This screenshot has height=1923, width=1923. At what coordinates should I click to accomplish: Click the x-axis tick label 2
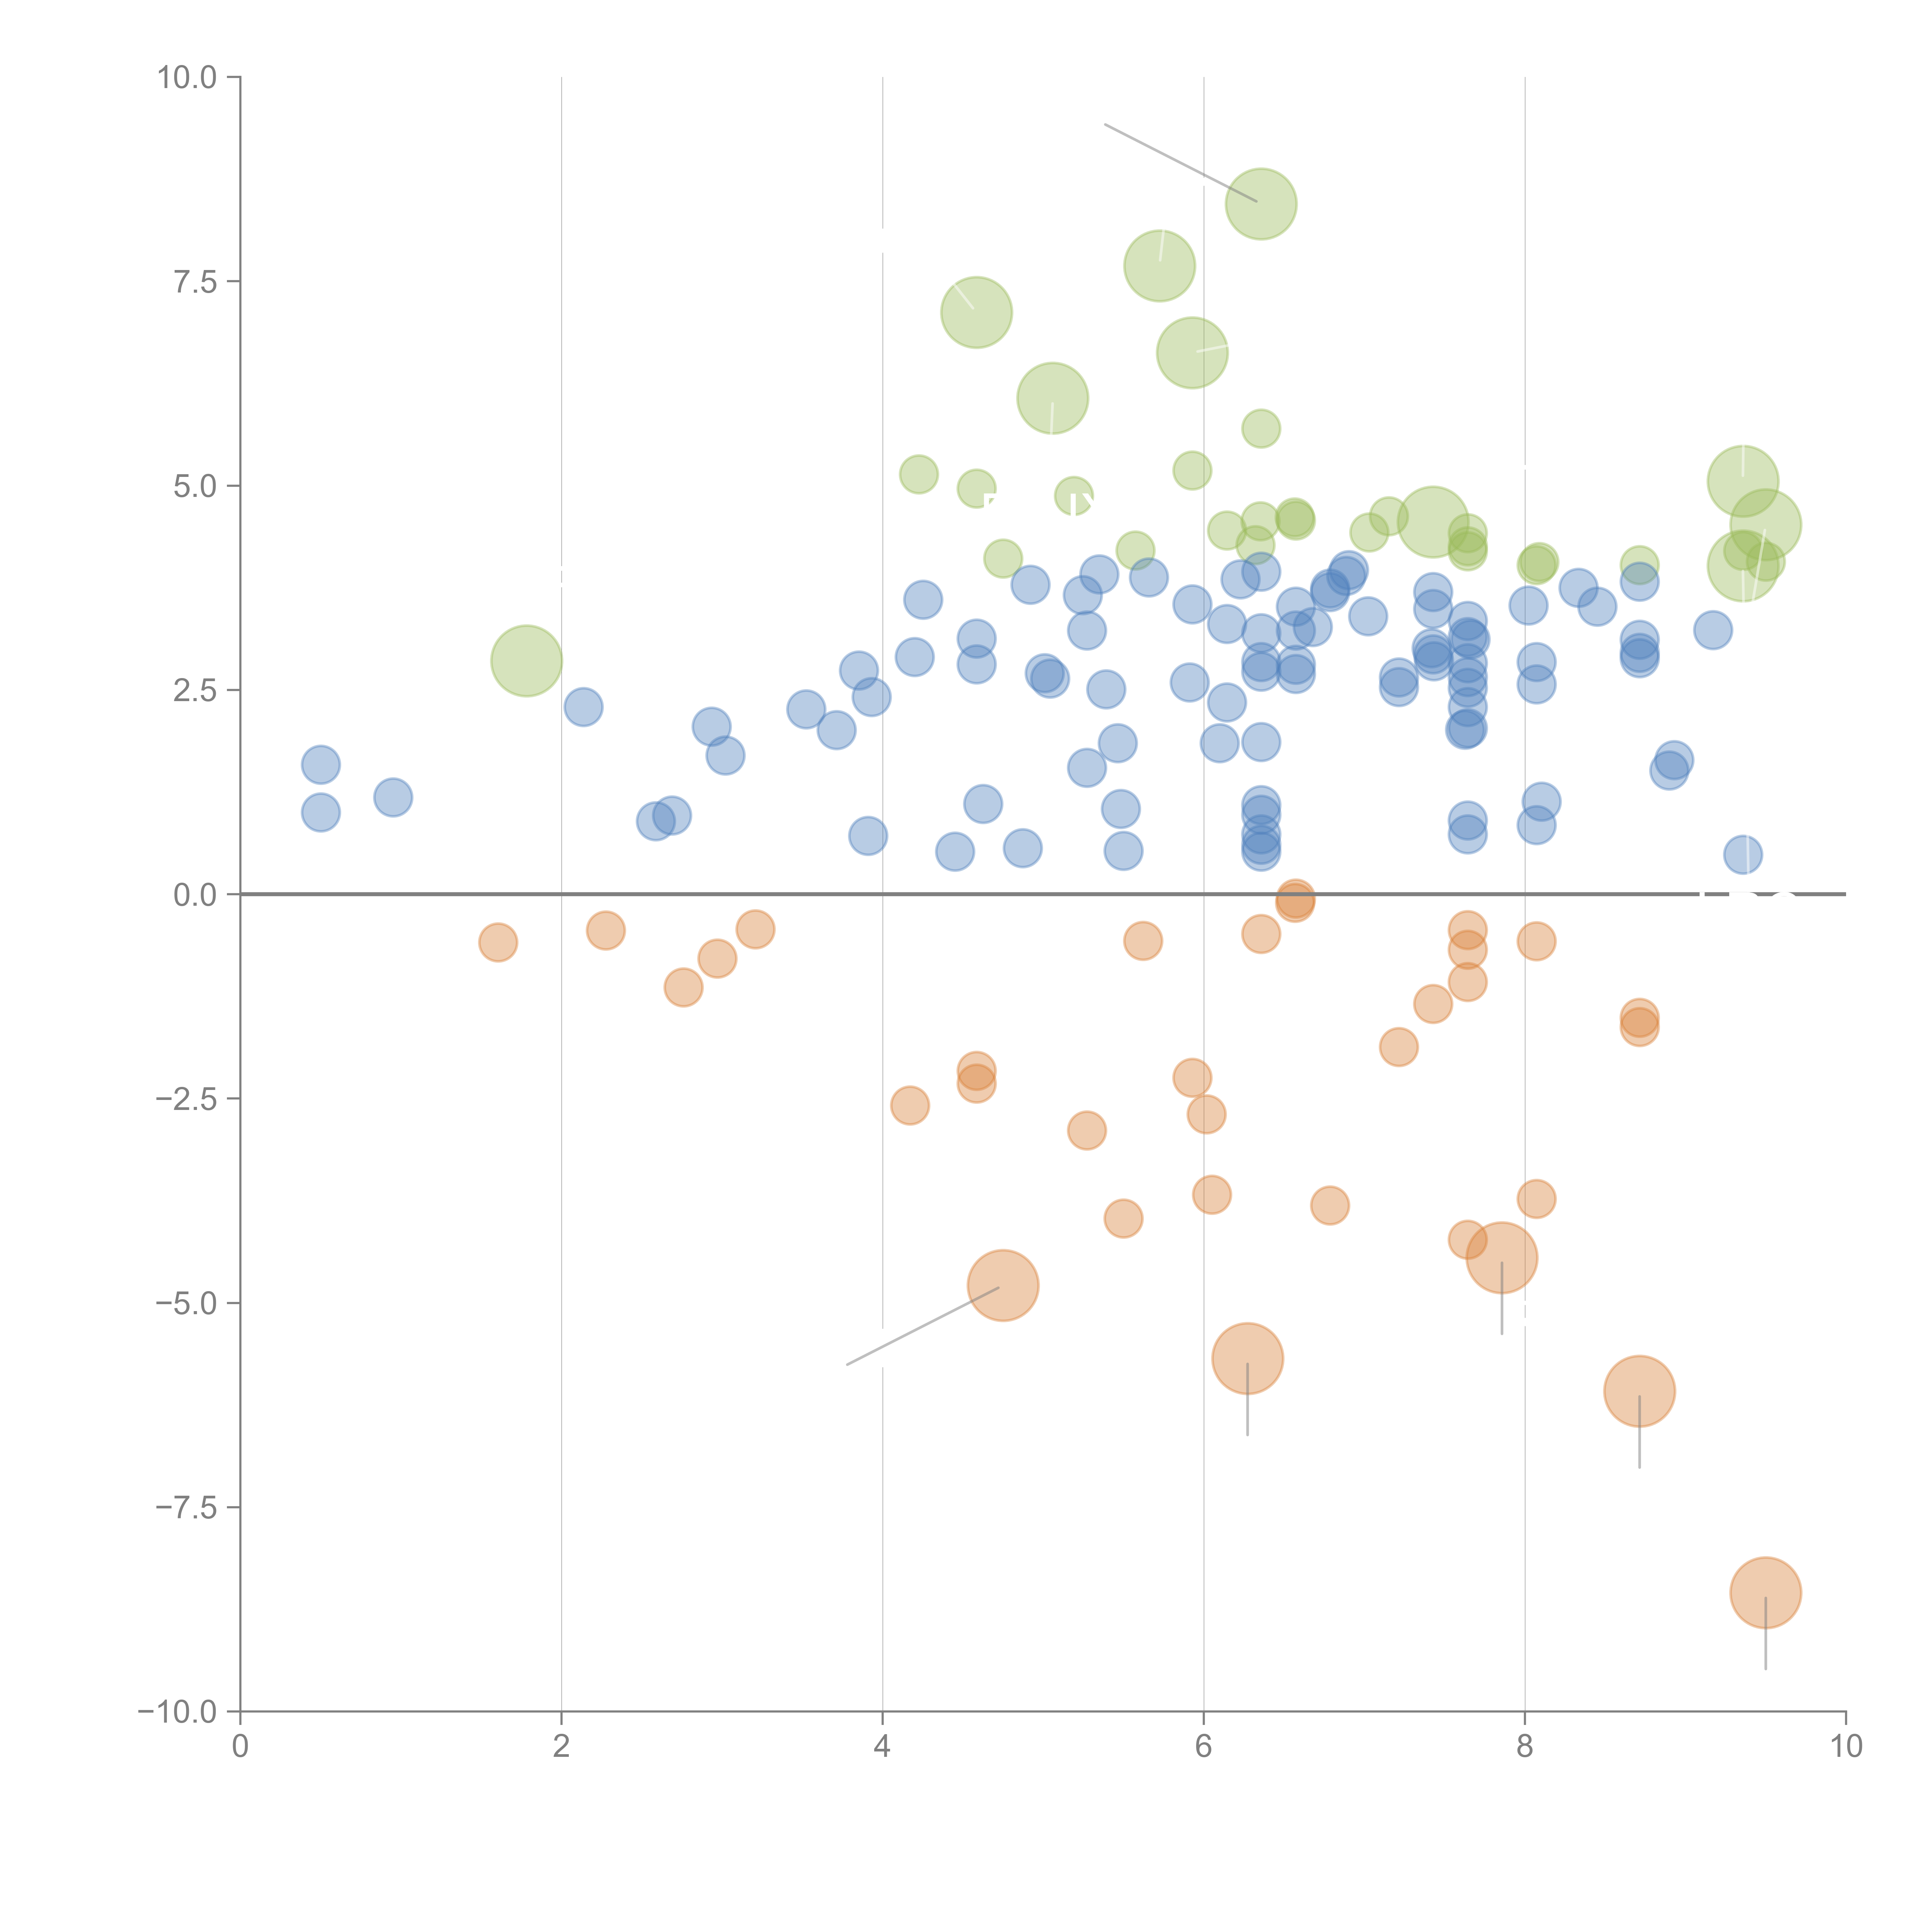[562, 1747]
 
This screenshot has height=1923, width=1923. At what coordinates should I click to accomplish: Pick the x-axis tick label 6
[1203, 1747]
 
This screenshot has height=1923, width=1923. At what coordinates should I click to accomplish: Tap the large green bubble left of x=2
[527, 661]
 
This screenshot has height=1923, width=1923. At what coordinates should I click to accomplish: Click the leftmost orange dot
[498, 942]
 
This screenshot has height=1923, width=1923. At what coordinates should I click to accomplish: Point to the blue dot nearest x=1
[393, 797]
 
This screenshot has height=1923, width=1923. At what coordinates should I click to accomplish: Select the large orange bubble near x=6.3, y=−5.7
[1247, 1359]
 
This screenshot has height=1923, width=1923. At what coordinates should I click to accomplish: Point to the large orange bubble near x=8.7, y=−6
[1639, 1391]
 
